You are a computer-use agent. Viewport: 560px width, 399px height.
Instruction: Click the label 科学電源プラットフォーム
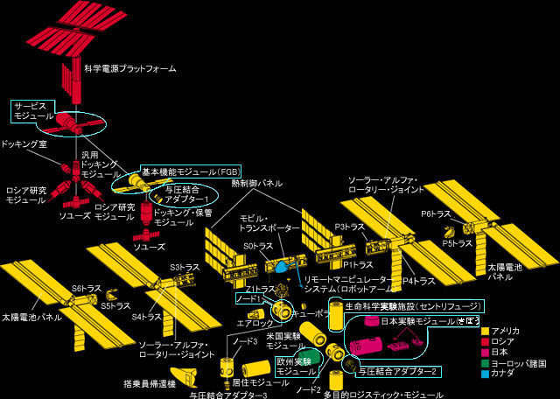tap(130, 68)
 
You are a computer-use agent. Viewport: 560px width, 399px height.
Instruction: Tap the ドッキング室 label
tap(24, 144)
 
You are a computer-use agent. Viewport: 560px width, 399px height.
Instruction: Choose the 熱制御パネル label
tap(257, 184)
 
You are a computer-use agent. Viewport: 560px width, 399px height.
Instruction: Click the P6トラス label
tap(435, 213)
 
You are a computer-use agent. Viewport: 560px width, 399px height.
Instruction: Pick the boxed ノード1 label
tap(250, 299)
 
